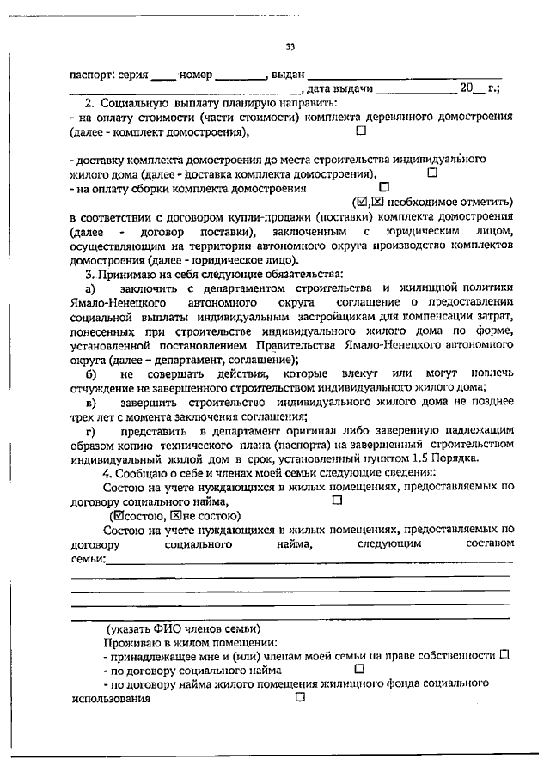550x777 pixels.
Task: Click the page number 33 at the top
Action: pos(290,47)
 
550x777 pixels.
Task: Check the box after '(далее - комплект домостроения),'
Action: pos(360,131)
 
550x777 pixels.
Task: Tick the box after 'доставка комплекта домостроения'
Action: pos(432,173)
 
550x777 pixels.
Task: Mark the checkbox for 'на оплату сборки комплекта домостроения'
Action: pos(383,186)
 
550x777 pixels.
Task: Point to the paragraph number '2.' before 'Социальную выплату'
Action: pos(89,103)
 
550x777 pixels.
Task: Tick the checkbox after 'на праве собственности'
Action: pos(504,654)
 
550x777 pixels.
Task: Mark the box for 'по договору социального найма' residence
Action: pos(359,668)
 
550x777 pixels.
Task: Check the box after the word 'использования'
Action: pos(300,697)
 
